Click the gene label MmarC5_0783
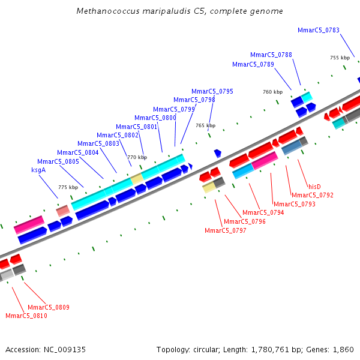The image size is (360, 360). tap(318, 31)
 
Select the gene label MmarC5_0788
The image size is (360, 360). tap(271, 55)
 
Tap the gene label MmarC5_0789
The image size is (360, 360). tap(253, 64)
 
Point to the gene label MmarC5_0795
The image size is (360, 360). tap(212, 91)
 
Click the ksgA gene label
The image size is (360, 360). tap(38, 170)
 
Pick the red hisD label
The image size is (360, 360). tap(314, 187)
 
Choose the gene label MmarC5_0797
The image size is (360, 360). tap(225, 230)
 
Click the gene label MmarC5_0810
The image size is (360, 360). tap(26, 316)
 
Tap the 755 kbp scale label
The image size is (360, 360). tap(340, 58)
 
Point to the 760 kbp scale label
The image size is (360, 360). tap(272, 92)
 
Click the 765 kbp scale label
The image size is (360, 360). tap(205, 125)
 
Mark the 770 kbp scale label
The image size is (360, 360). tap(137, 157)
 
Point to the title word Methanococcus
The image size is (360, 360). tap(107, 11)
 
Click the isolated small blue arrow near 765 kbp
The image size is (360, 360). tap(217, 154)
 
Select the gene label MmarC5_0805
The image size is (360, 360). tap(58, 161)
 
